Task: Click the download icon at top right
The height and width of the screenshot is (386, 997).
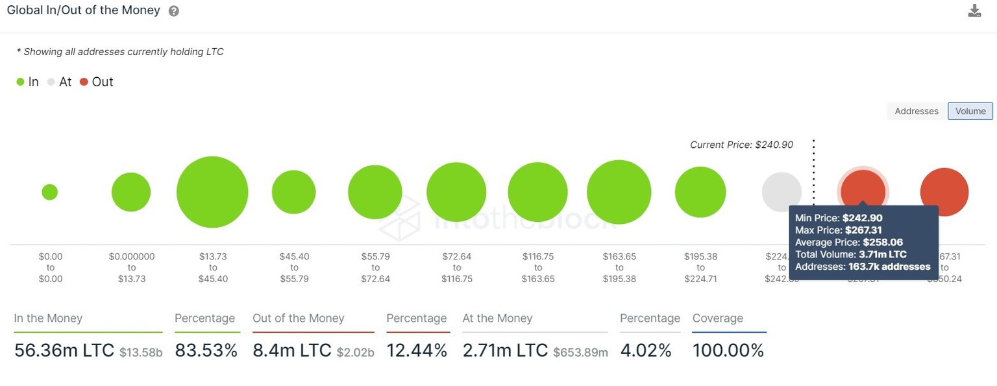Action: tap(974, 10)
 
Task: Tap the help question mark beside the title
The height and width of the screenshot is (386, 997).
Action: tap(174, 11)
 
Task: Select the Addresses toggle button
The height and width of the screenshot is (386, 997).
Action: tap(917, 111)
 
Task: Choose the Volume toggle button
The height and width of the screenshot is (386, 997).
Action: tap(970, 111)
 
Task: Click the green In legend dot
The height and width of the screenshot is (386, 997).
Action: tap(20, 82)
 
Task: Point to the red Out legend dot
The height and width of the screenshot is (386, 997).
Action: tap(84, 82)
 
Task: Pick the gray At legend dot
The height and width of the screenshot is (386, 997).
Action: tap(51, 82)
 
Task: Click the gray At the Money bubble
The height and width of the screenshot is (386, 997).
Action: tap(782, 191)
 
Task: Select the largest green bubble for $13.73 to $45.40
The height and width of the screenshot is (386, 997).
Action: tap(212, 192)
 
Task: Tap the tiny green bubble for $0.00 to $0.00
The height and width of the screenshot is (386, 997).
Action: tap(50, 192)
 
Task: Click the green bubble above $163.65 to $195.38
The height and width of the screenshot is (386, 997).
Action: tap(619, 192)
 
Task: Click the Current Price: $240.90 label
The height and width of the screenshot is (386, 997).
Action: tap(741, 145)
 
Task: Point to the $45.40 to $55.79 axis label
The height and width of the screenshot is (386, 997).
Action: tap(294, 267)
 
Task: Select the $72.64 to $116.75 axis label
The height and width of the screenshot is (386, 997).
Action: tap(457, 267)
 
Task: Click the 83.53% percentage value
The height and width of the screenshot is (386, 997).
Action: tap(206, 351)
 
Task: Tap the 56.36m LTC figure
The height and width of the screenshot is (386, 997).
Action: tap(64, 351)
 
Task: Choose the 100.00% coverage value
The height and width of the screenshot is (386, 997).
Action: tap(728, 351)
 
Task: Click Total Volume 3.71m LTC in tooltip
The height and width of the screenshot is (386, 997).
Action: tap(850, 254)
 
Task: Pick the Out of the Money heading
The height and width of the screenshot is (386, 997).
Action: tap(299, 319)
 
